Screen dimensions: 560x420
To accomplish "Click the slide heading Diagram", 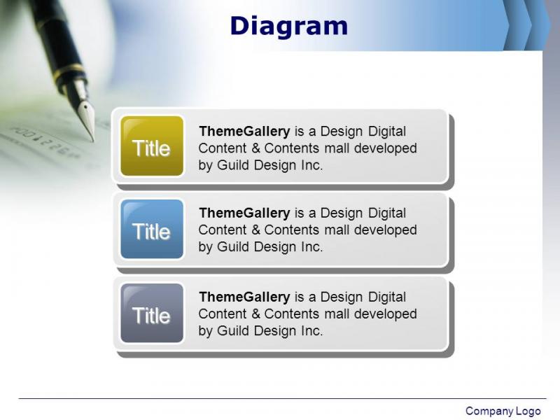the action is [289, 26].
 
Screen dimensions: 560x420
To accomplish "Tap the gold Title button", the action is [152, 146].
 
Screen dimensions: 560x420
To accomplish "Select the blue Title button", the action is [152, 229].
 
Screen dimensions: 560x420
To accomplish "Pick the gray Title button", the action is [152, 313].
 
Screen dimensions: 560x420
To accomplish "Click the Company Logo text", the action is [503, 411].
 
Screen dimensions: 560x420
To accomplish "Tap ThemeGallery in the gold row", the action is [244, 131].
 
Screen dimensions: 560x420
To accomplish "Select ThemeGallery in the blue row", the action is [244, 213].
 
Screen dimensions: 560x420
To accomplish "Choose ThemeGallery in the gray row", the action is [244, 297].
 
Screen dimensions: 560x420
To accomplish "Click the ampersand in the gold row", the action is [256, 148].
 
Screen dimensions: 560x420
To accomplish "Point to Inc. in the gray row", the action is [311, 330].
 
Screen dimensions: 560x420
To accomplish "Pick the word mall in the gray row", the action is [336, 314].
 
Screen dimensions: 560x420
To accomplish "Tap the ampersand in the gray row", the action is [256, 314].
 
